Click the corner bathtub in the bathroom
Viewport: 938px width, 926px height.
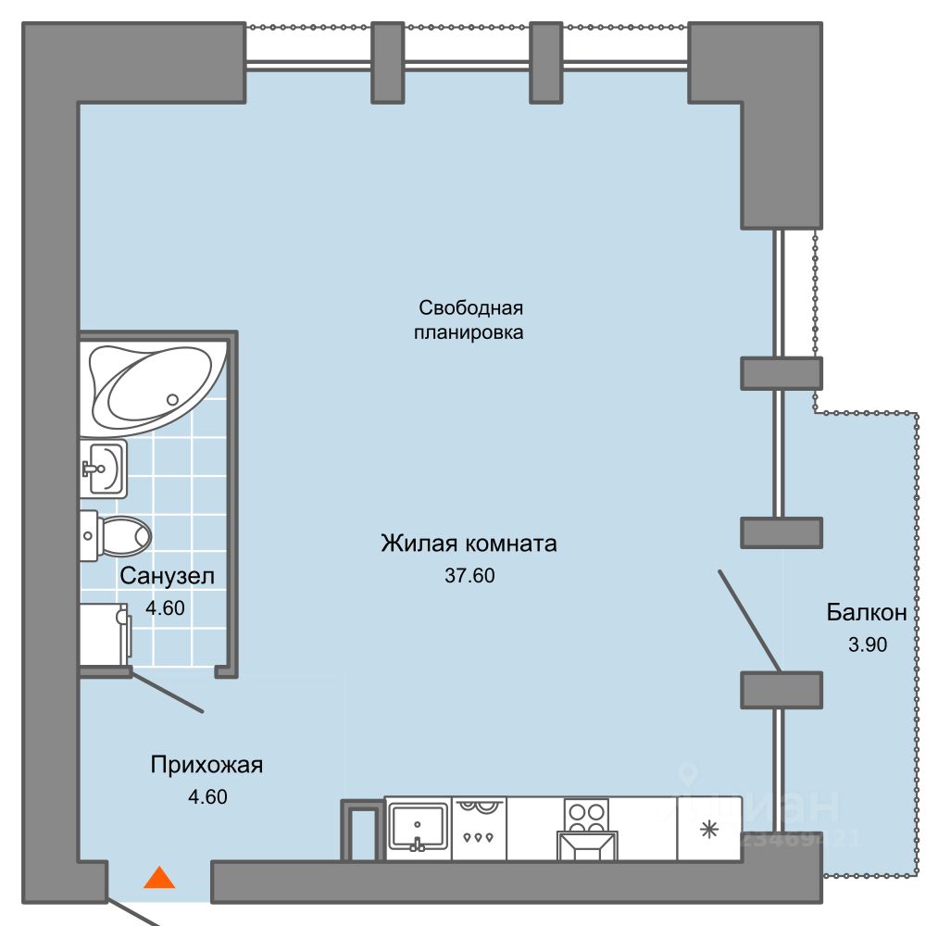[153, 387]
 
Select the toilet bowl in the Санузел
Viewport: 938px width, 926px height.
[119, 534]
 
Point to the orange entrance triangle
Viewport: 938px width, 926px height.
[159, 877]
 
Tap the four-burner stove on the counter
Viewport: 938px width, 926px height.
[586, 815]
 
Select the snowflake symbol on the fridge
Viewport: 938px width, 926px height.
[708, 829]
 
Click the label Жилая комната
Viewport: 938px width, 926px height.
[469, 543]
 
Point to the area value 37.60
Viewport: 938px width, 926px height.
[469, 576]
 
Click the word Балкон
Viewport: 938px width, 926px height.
[866, 612]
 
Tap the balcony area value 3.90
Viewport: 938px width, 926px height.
[868, 644]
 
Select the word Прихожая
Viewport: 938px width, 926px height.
[206, 765]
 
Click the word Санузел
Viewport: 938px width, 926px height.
[167, 576]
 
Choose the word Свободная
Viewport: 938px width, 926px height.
[471, 307]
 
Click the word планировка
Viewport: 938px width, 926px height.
[469, 332]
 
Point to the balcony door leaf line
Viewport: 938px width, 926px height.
[750, 619]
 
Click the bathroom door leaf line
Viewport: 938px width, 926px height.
[167, 692]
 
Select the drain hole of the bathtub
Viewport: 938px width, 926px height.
[172, 399]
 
